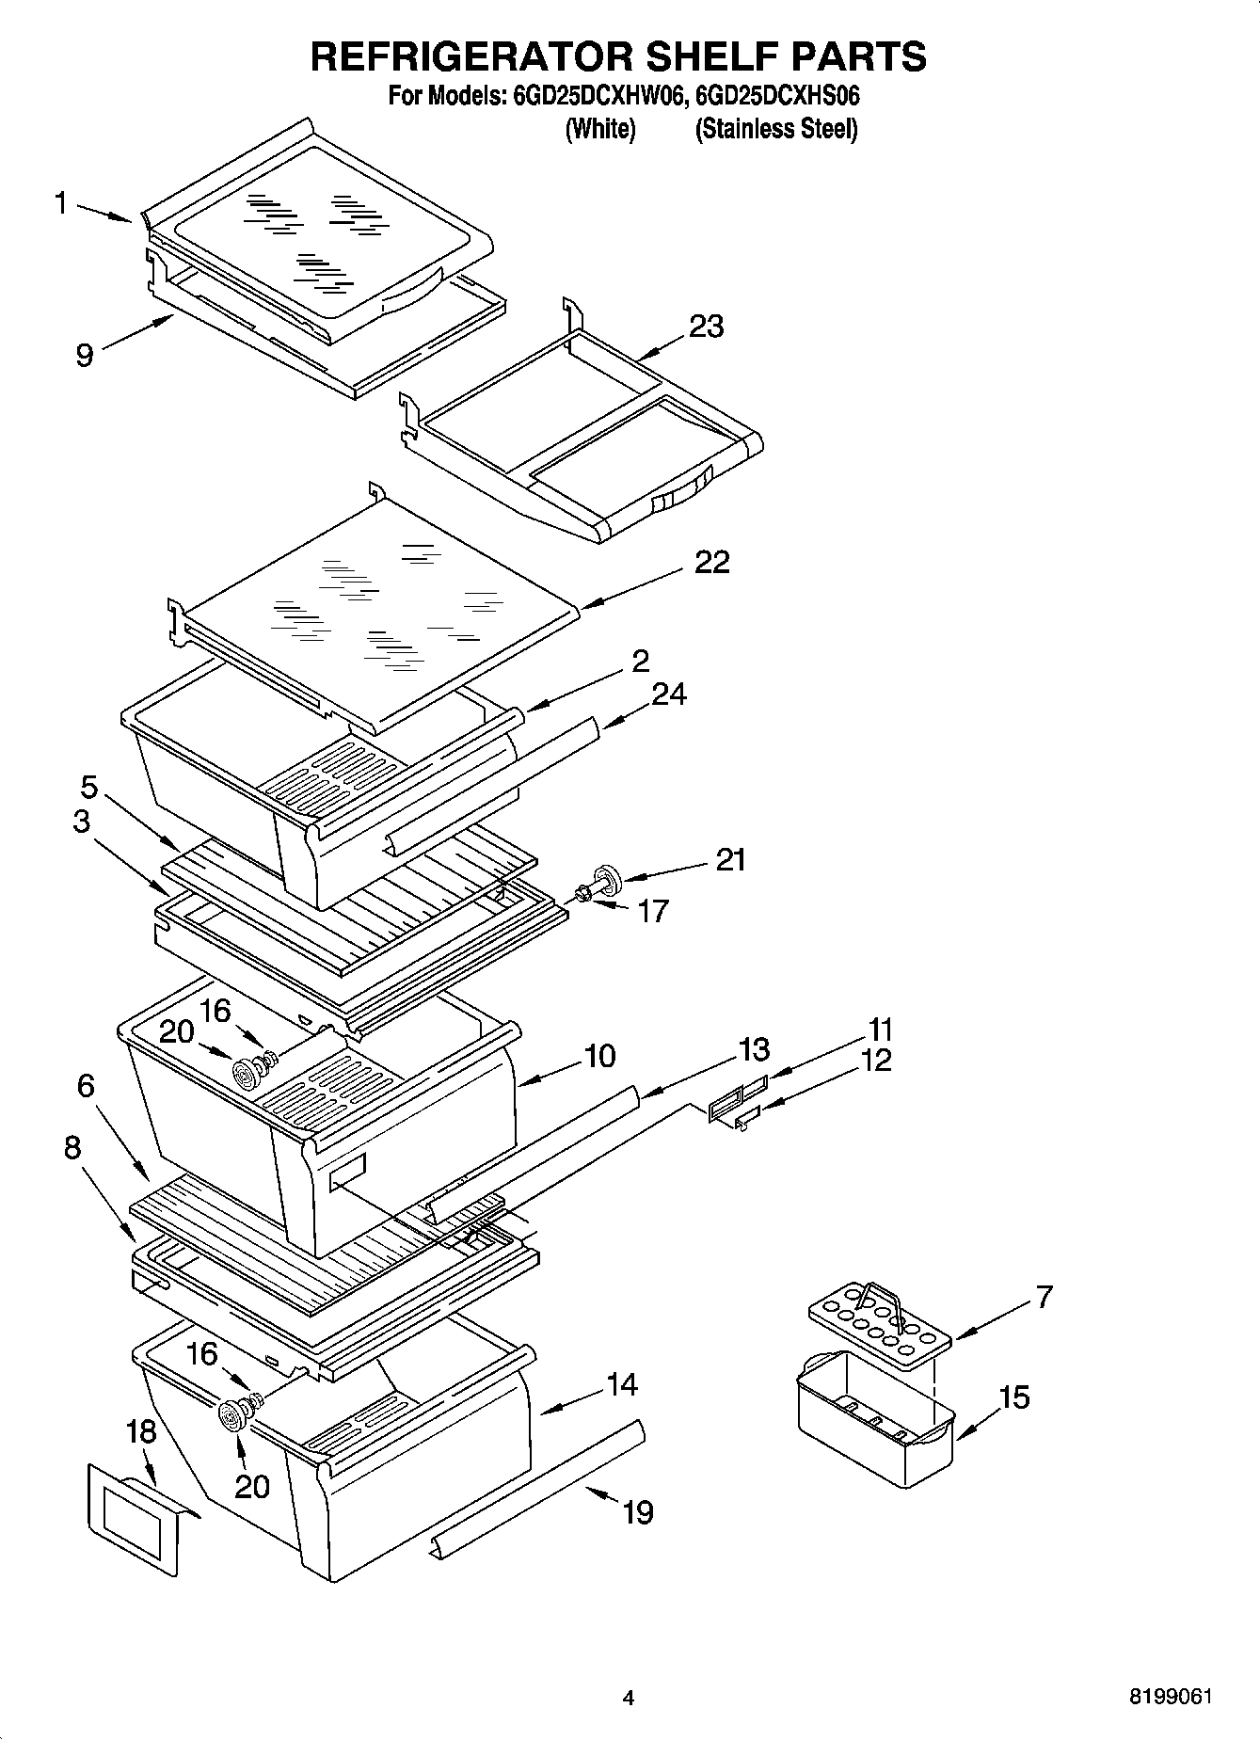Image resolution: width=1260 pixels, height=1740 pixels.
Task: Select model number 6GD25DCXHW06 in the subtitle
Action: click(x=596, y=96)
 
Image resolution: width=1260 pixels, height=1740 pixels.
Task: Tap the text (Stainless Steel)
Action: click(x=776, y=129)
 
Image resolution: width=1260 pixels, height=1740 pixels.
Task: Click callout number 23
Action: click(x=706, y=327)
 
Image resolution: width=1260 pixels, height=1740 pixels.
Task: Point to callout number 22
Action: click(x=712, y=562)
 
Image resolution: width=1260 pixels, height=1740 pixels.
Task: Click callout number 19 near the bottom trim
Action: click(x=637, y=1512)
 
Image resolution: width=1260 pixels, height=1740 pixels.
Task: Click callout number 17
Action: click(x=653, y=911)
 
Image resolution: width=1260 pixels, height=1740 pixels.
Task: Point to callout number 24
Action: click(x=669, y=694)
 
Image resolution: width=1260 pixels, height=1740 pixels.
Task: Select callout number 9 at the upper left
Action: click(x=85, y=356)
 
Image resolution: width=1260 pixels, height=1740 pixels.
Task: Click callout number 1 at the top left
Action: click(x=61, y=202)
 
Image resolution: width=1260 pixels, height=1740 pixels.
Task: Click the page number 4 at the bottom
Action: click(x=629, y=1699)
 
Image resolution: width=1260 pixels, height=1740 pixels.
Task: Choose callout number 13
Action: click(x=754, y=1048)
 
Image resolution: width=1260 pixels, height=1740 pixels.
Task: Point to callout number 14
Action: click(x=621, y=1384)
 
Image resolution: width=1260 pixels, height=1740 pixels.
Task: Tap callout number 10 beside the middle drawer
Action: click(x=598, y=1056)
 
